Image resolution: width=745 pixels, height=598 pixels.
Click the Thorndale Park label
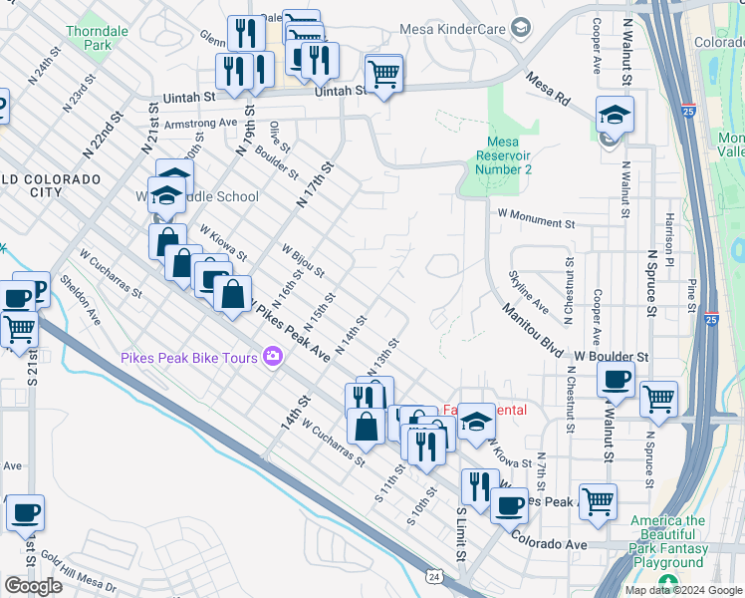coord(97,38)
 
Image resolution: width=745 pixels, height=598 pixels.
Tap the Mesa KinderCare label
coord(452,29)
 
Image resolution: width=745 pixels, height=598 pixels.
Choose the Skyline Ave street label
coord(528,290)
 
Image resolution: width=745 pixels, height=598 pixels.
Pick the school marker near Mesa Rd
coord(615,115)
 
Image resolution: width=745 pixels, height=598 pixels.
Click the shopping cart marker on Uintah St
coord(383,73)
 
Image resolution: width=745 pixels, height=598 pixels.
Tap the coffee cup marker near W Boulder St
coord(616,380)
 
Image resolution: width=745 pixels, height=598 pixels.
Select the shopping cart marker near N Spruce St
coord(658,399)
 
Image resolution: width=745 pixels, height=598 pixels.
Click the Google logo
coord(33,586)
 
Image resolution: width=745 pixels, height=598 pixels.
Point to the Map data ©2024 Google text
coord(683,590)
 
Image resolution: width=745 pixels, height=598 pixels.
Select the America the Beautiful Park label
coord(668,520)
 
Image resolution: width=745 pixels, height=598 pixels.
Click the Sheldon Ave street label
coord(81,300)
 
